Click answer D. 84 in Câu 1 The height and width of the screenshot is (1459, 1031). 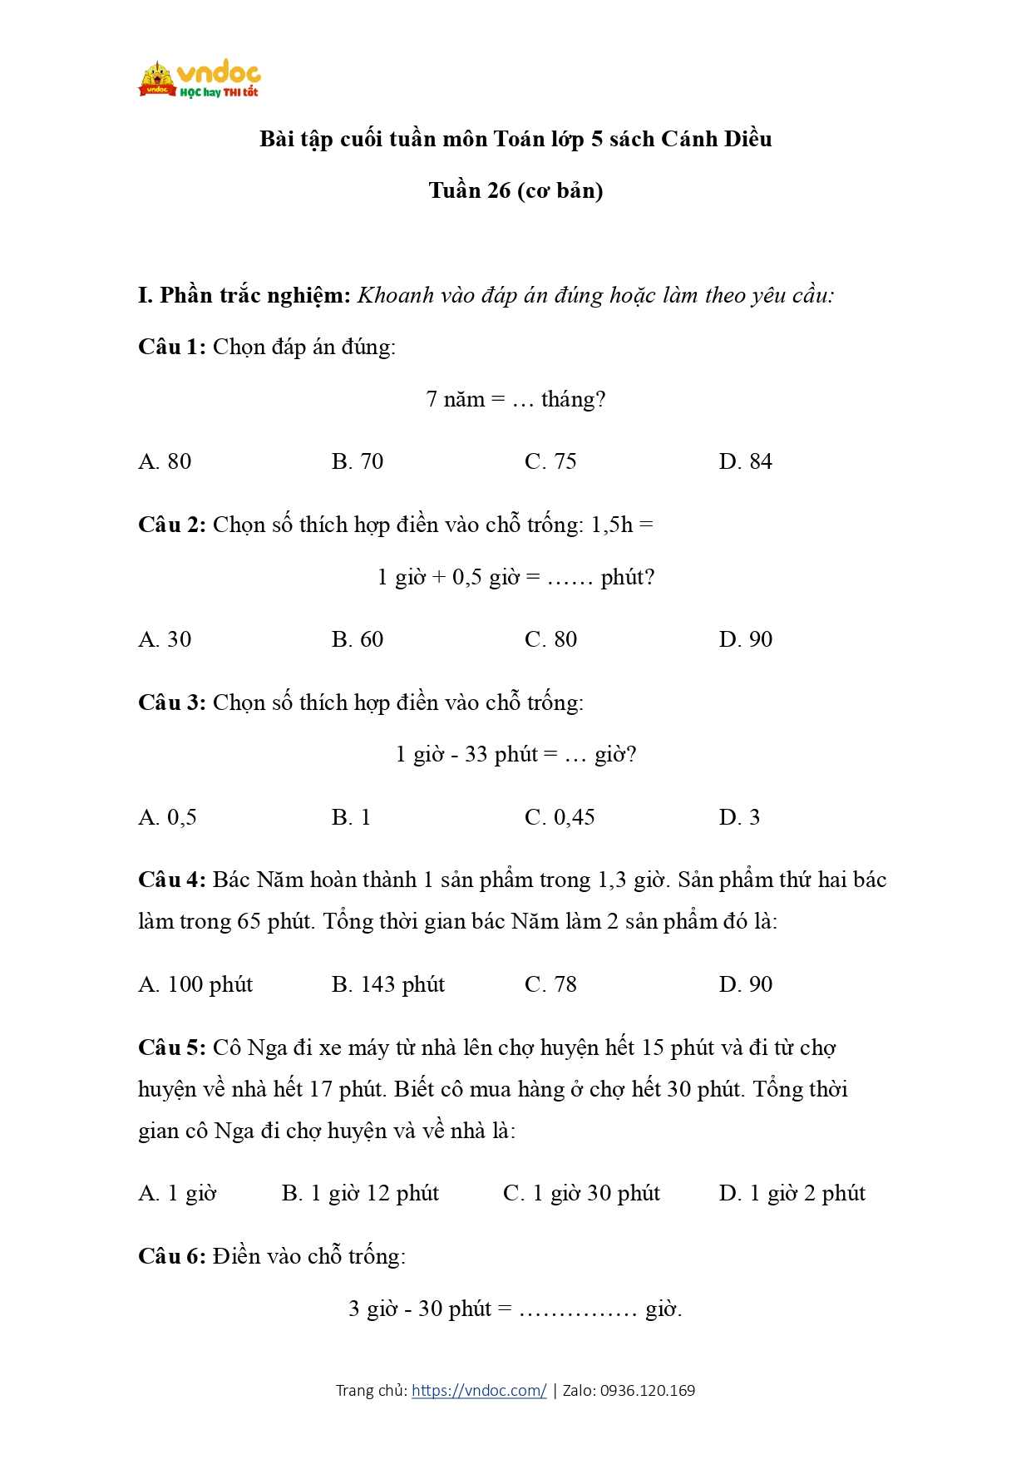[x=745, y=461]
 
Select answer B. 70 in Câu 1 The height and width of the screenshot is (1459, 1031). [x=358, y=461]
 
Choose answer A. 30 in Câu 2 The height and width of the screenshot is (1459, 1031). [x=165, y=639]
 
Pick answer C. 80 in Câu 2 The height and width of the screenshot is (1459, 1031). [x=550, y=639]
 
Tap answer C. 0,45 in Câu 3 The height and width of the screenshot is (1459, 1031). [x=560, y=817]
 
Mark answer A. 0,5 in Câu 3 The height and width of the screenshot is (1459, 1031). [x=167, y=817]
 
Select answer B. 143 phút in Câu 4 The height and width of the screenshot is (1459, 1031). [x=388, y=984]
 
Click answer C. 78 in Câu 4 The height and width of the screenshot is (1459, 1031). [x=550, y=984]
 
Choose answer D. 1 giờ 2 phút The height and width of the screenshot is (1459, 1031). [x=792, y=1194]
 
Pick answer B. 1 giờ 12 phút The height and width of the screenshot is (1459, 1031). [x=360, y=1194]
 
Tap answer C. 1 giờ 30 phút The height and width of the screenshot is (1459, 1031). [x=581, y=1194]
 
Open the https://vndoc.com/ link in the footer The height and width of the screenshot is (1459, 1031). [x=479, y=1390]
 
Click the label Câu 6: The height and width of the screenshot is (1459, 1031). [x=171, y=1256]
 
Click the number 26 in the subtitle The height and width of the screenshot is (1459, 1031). [x=499, y=191]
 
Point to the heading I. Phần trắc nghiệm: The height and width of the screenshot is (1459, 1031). [x=244, y=296]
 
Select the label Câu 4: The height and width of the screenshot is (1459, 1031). [x=171, y=880]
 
